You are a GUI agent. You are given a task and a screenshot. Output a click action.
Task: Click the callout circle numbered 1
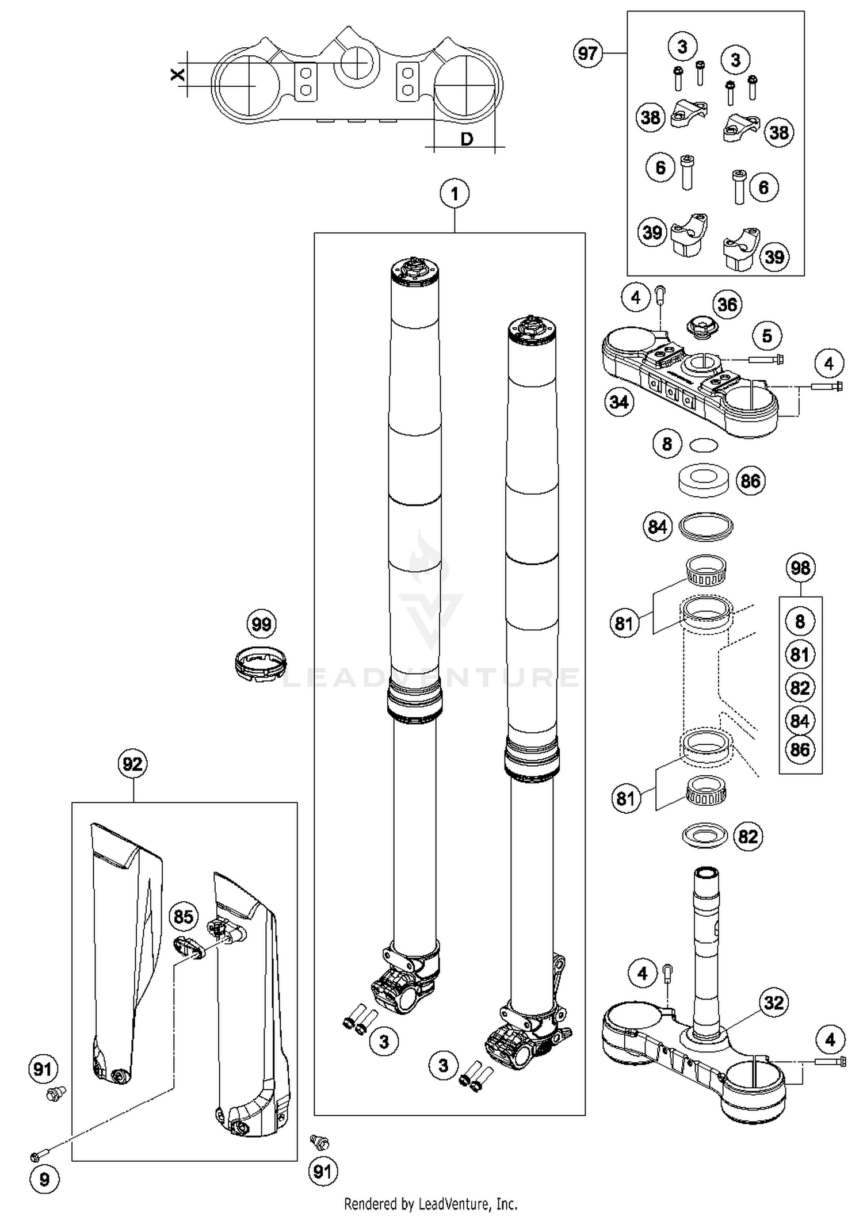(455, 194)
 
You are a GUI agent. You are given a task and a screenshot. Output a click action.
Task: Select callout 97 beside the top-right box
(587, 53)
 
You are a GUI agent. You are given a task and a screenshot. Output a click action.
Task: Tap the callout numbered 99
(262, 624)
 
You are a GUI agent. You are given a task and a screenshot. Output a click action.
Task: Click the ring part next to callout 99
(261, 663)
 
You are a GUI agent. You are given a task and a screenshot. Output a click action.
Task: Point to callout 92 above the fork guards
(132, 764)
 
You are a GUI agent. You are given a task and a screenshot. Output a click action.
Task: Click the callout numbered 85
(184, 916)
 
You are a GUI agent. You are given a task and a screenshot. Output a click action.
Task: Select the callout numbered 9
(44, 1180)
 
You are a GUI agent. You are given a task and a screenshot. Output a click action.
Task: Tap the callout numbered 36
(728, 304)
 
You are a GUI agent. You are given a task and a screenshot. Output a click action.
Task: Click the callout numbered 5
(767, 336)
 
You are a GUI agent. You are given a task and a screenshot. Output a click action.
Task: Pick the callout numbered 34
(619, 401)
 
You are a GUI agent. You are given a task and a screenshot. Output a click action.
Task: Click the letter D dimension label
(467, 139)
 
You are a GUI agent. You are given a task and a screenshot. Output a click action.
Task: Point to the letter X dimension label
(178, 74)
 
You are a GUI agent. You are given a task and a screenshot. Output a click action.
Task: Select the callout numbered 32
(773, 1002)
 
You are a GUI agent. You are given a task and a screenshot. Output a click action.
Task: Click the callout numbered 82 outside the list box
(748, 836)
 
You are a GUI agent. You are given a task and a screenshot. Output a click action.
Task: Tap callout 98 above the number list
(800, 568)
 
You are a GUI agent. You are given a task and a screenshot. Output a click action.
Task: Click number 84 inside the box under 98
(800, 721)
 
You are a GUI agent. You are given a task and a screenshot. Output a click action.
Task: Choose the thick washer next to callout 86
(703, 480)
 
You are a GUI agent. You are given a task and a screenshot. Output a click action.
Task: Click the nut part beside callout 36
(701, 328)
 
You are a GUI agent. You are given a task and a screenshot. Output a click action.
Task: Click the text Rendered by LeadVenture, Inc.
(430, 1204)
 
